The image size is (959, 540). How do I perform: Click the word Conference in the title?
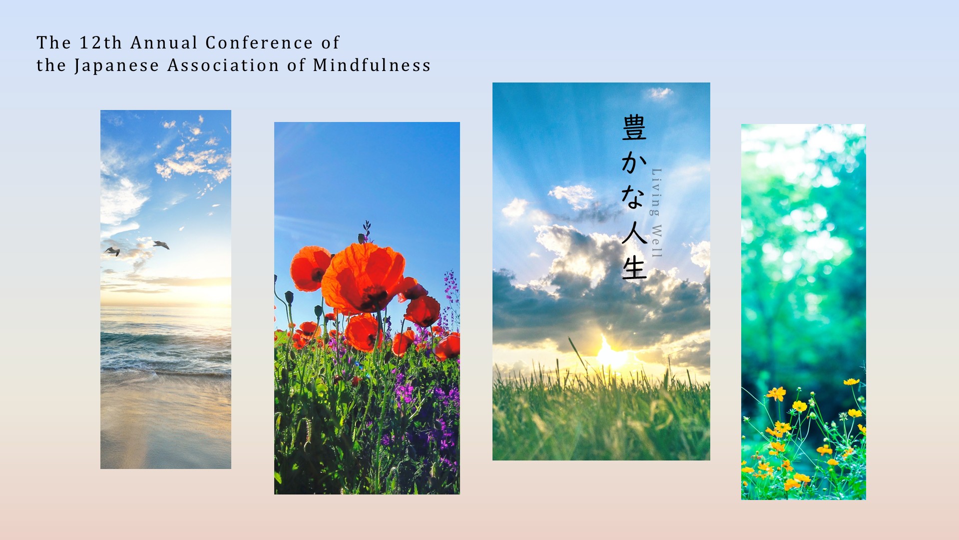click(259, 43)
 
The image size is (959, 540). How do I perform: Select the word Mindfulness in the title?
click(372, 65)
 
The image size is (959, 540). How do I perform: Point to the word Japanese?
click(117, 66)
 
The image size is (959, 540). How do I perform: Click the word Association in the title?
click(223, 65)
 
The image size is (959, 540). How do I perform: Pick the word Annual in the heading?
click(164, 43)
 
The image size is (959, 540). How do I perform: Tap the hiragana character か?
click(634, 162)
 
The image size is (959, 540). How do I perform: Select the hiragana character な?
click(633, 197)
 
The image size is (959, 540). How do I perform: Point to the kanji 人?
click(634, 232)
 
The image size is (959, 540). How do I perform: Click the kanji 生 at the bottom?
click(634, 267)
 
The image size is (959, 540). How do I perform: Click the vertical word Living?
click(656, 192)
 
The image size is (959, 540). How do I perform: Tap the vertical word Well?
click(656, 241)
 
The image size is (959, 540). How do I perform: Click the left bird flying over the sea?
click(112, 251)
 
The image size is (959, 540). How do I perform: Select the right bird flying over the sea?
click(161, 244)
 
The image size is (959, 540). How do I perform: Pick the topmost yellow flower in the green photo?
click(851, 381)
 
